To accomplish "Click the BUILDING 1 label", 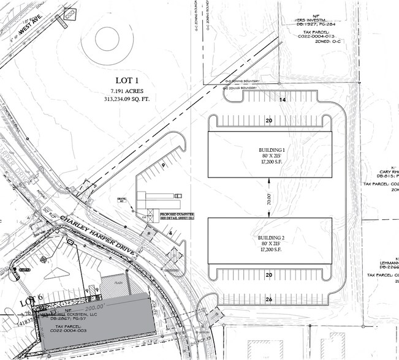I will (270, 150).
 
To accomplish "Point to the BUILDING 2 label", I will (270, 237).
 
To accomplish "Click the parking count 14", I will (283, 99).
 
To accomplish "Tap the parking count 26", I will (270, 299).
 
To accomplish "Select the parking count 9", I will (162, 165).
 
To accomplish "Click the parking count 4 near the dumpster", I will (169, 233).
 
